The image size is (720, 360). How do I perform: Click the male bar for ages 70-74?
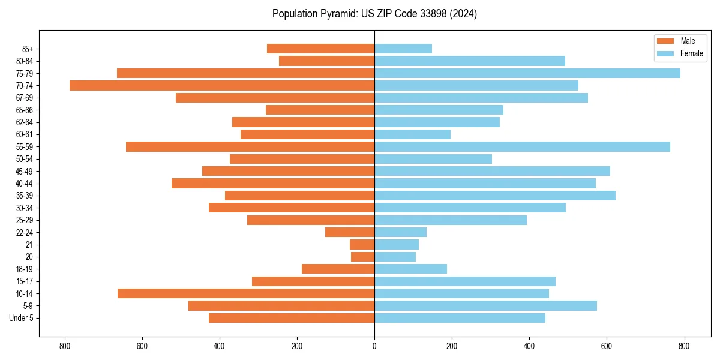(222, 85)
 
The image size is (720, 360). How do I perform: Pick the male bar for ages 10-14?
(246, 293)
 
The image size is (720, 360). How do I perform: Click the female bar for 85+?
(403, 49)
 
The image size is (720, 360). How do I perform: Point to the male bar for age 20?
(363, 257)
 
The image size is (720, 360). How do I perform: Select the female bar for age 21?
(397, 244)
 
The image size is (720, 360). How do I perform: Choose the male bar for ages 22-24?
(350, 232)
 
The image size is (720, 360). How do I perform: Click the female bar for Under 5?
(460, 318)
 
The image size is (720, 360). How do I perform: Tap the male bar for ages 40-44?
(273, 183)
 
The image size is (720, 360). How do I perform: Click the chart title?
(374, 14)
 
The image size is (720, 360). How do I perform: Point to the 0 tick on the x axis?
(374, 346)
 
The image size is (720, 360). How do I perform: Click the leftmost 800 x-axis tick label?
(65, 346)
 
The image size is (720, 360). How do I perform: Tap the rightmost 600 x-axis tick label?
(607, 346)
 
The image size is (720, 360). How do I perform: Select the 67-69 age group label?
(25, 98)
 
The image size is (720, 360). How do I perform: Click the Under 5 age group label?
(22, 318)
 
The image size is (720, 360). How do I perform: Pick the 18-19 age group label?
(25, 269)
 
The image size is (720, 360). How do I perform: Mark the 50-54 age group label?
(25, 159)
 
